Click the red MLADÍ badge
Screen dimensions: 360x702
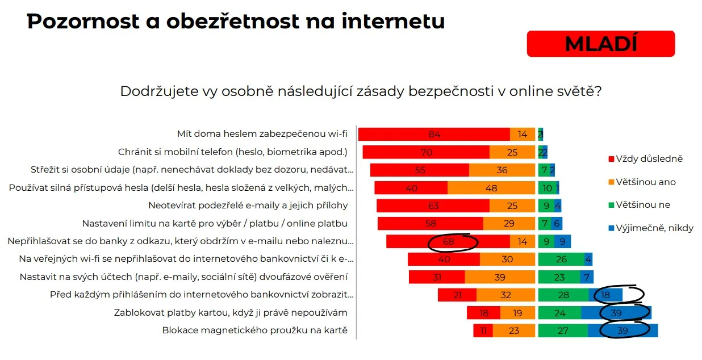coord(600,44)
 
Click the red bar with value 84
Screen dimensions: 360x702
coord(434,135)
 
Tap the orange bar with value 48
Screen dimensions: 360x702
coord(492,188)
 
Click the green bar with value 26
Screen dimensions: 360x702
coord(561,259)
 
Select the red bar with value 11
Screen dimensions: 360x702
coord(483,330)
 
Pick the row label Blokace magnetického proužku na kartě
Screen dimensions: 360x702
coord(254,330)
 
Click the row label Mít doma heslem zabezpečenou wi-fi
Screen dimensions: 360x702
coord(262,135)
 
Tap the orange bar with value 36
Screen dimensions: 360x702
coord(502,170)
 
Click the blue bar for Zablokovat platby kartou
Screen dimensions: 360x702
coord(616,313)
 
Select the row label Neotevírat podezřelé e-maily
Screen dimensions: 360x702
coord(248,206)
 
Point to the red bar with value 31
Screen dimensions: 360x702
coord(437,277)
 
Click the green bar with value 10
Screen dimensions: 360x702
coord(547,188)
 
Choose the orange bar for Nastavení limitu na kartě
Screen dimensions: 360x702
coord(509,224)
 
